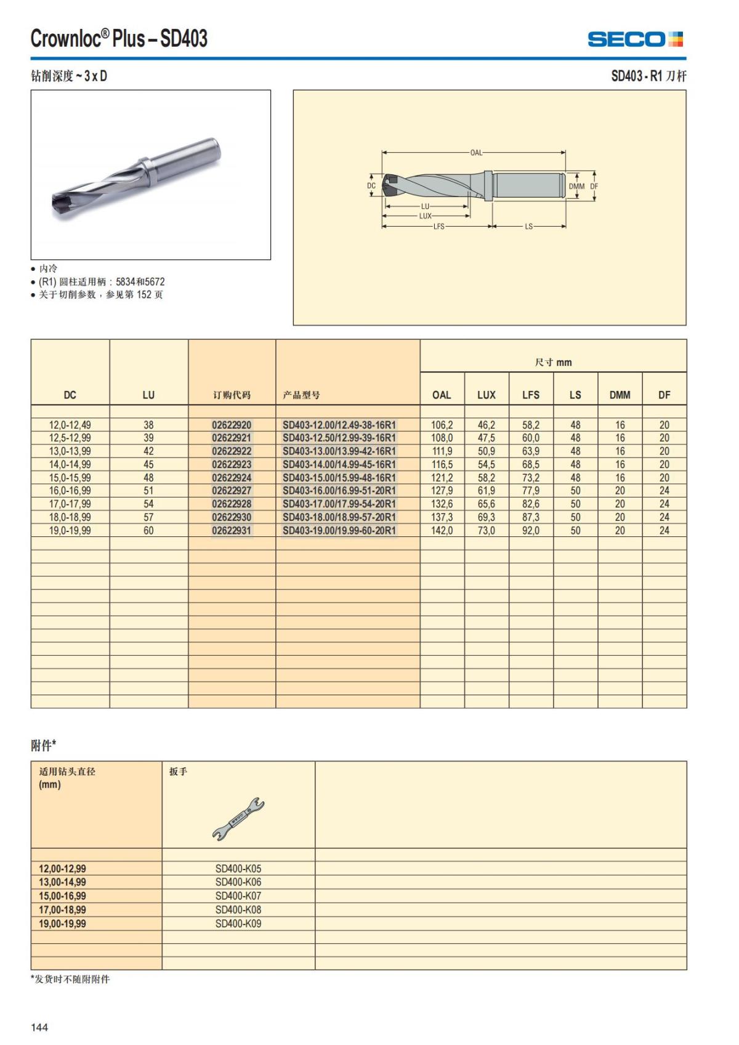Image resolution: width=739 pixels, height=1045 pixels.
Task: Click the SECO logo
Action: [x=635, y=39]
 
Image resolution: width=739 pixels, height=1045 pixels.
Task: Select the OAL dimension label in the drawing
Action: [x=476, y=152]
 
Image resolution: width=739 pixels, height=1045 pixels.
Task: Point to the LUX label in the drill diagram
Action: [x=426, y=216]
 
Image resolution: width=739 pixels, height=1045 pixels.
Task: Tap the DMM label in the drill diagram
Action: [x=576, y=186]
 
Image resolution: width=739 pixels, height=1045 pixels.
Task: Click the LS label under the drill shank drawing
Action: [x=528, y=227]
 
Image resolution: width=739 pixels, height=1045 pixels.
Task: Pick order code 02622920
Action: [x=232, y=425]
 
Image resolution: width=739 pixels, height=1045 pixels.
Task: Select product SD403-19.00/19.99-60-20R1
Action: [x=339, y=530]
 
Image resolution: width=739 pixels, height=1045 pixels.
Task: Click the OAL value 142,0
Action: [x=442, y=530]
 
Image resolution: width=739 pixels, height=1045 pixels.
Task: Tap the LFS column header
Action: [x=530, y=395]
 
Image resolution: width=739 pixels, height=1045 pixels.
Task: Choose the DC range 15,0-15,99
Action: [x=70, y=478]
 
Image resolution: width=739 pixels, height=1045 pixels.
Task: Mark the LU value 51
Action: [x=148, y=491]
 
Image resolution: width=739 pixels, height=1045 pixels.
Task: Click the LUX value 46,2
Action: [x=486, y=425]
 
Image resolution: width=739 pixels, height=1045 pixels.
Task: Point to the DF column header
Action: [x=664, y=395]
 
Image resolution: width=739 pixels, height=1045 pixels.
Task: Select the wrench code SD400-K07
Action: [x=238, y=896]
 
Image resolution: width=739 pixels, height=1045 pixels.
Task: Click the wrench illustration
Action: [x=238, y=818]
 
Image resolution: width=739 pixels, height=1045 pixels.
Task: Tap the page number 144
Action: [x=39, y=1027]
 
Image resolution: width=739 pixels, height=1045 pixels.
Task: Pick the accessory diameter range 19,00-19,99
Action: [x=62, y=924]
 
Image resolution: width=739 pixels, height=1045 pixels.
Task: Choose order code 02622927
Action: [x=232, y=491]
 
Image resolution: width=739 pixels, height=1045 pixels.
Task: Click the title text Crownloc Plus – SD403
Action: [x=119, y=39]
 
